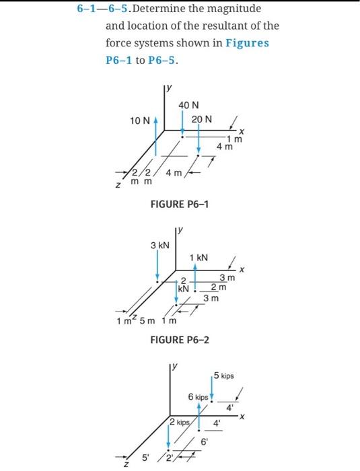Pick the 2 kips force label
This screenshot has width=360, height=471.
[180, 423]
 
